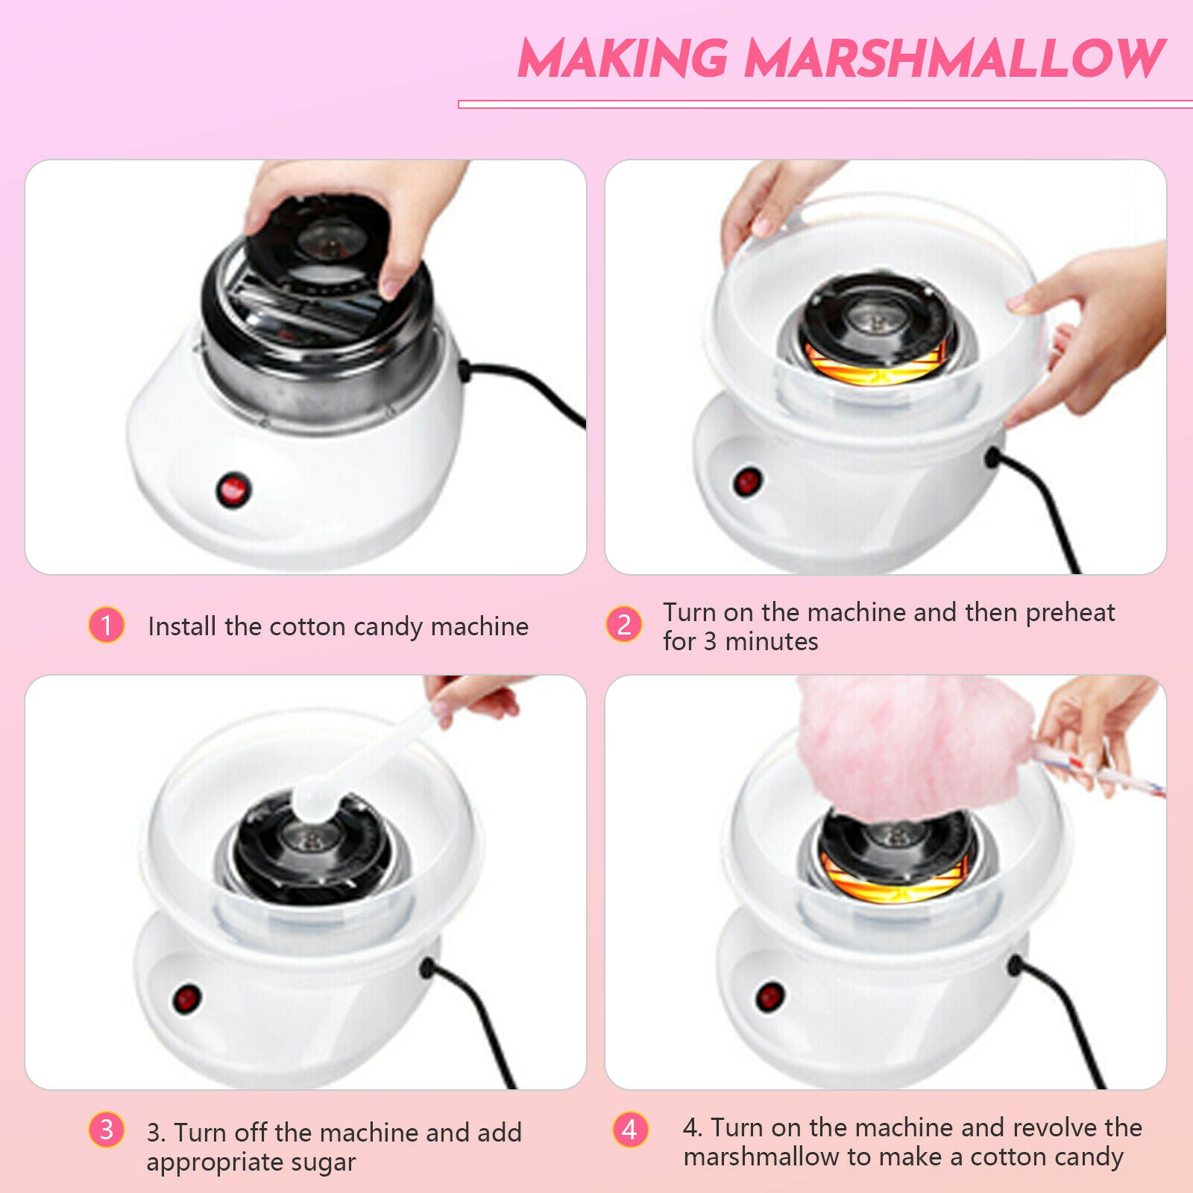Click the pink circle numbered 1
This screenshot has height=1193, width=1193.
pos(107,625)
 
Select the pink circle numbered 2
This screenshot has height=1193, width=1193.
pos(624,624)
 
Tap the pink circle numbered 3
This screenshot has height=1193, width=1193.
pos(107,1129)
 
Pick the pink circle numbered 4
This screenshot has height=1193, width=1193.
pos(630,1129)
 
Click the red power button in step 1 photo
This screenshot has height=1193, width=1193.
pos(233,490)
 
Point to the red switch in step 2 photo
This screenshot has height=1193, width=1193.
pos(746,482)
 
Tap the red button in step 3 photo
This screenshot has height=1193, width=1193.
pos(186,998)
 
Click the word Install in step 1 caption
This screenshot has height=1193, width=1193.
pos(183,626)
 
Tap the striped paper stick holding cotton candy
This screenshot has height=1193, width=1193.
pos(1096,771)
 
